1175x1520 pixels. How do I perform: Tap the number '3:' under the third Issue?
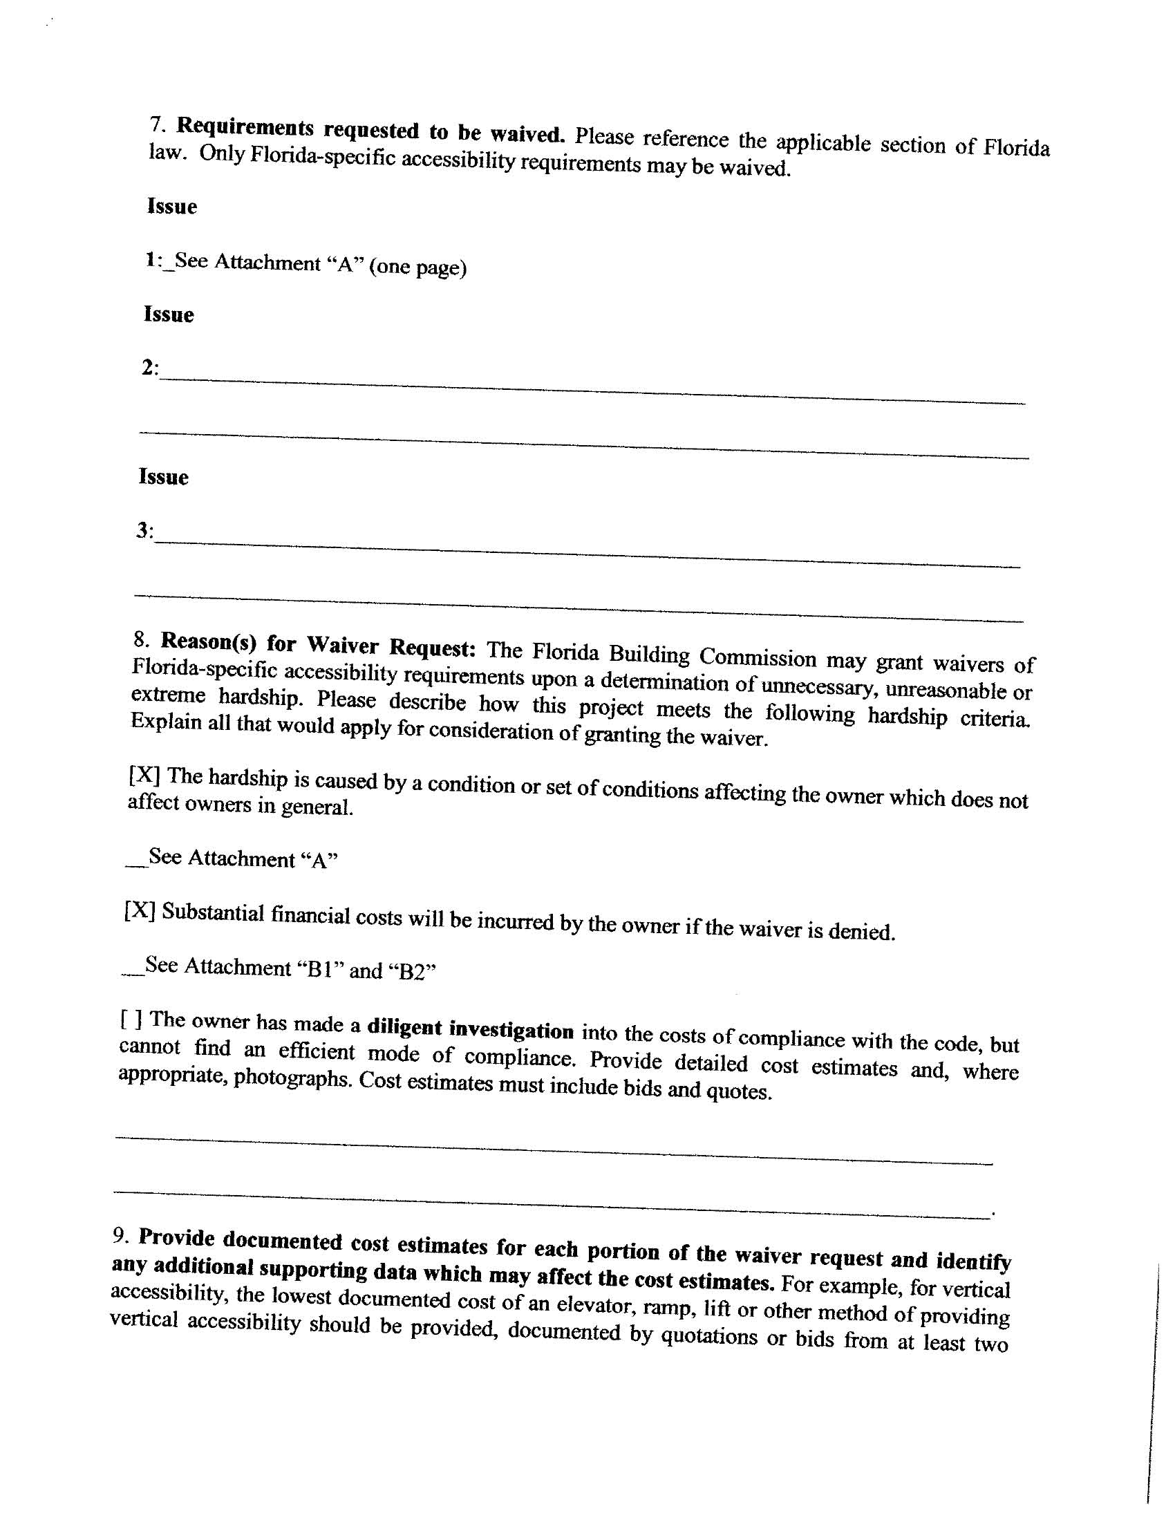[144, 531]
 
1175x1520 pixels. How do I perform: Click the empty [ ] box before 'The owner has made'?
[131, 1020]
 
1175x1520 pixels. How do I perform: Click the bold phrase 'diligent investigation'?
[470, 1028]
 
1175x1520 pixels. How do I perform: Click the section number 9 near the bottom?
[120, 1236]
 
